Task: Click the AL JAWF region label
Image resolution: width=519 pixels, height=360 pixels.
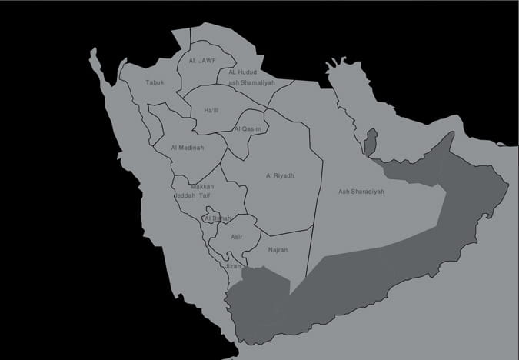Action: click(x=203, y=59)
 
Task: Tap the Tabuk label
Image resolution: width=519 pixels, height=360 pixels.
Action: click(x=155, y=82)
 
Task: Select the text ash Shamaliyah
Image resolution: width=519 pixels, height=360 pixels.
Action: click(x=251, y=82)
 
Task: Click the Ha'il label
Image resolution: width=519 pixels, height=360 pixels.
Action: click(x=211, y=111)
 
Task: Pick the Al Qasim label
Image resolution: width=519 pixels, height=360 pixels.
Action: click(x=248, y=128)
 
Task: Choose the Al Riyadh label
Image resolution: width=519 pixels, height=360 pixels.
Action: click(x=280, y=175)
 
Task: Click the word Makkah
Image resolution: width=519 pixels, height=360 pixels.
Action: click(x=202, y=186)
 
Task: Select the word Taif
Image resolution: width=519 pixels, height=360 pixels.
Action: click(x=205, y=195)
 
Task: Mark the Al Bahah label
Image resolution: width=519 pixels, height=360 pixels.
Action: click(x=217, y=219)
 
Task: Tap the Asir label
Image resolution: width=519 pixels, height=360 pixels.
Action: click(x=236, y=236)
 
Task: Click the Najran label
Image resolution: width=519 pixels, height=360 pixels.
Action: click(x=278, y=251)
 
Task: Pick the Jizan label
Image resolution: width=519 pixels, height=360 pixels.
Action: click(x=232, y=266)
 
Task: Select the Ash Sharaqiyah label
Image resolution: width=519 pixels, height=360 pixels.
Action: click(x=361, y=192)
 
